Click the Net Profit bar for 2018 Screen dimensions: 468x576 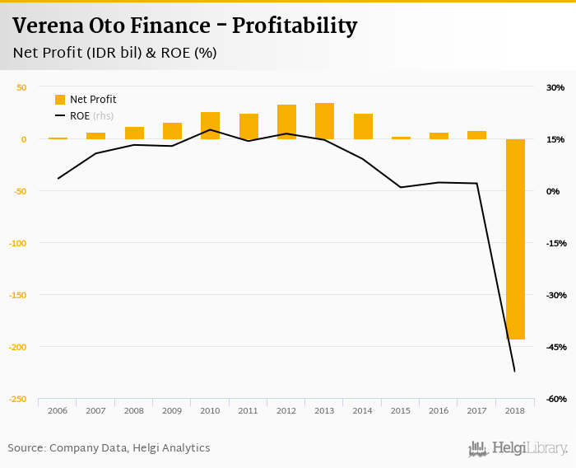pyautogui.click(x=515, y=239)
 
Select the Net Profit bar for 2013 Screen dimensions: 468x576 pyautogui.click(x=324, y=121)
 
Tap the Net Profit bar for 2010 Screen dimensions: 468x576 pyautogui.click(x=210, y=125)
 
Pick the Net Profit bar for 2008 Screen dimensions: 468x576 pyautogui.click(x=134, y=133)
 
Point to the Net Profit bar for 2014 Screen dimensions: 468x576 pyautogui.click(x=363, y=126)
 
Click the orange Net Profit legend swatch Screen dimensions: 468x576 pyautogui.click(x=60, y=100)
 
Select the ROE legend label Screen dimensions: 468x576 pyautogui.click(x=80, y=116)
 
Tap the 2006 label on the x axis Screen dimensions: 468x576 pyautogui.click(x=58, y=410)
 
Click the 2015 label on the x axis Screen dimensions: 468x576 pyautogui.click(x=401, y=410)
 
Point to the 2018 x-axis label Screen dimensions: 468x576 pyautogui.click(x=515, y=410)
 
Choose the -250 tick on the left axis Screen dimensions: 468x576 pyautogui.click(x=17, y=400)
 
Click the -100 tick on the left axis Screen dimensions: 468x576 pyautogui.click(x=17, y=243)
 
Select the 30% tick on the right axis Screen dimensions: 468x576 pyautogui.click(x=555, y=87)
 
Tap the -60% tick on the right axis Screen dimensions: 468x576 pyautogui.click(x=554, y=400)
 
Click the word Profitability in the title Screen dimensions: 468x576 pyautogui.click(x=295, y=26)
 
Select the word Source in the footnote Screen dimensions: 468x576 pyautogui.click(x=26, y=448)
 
